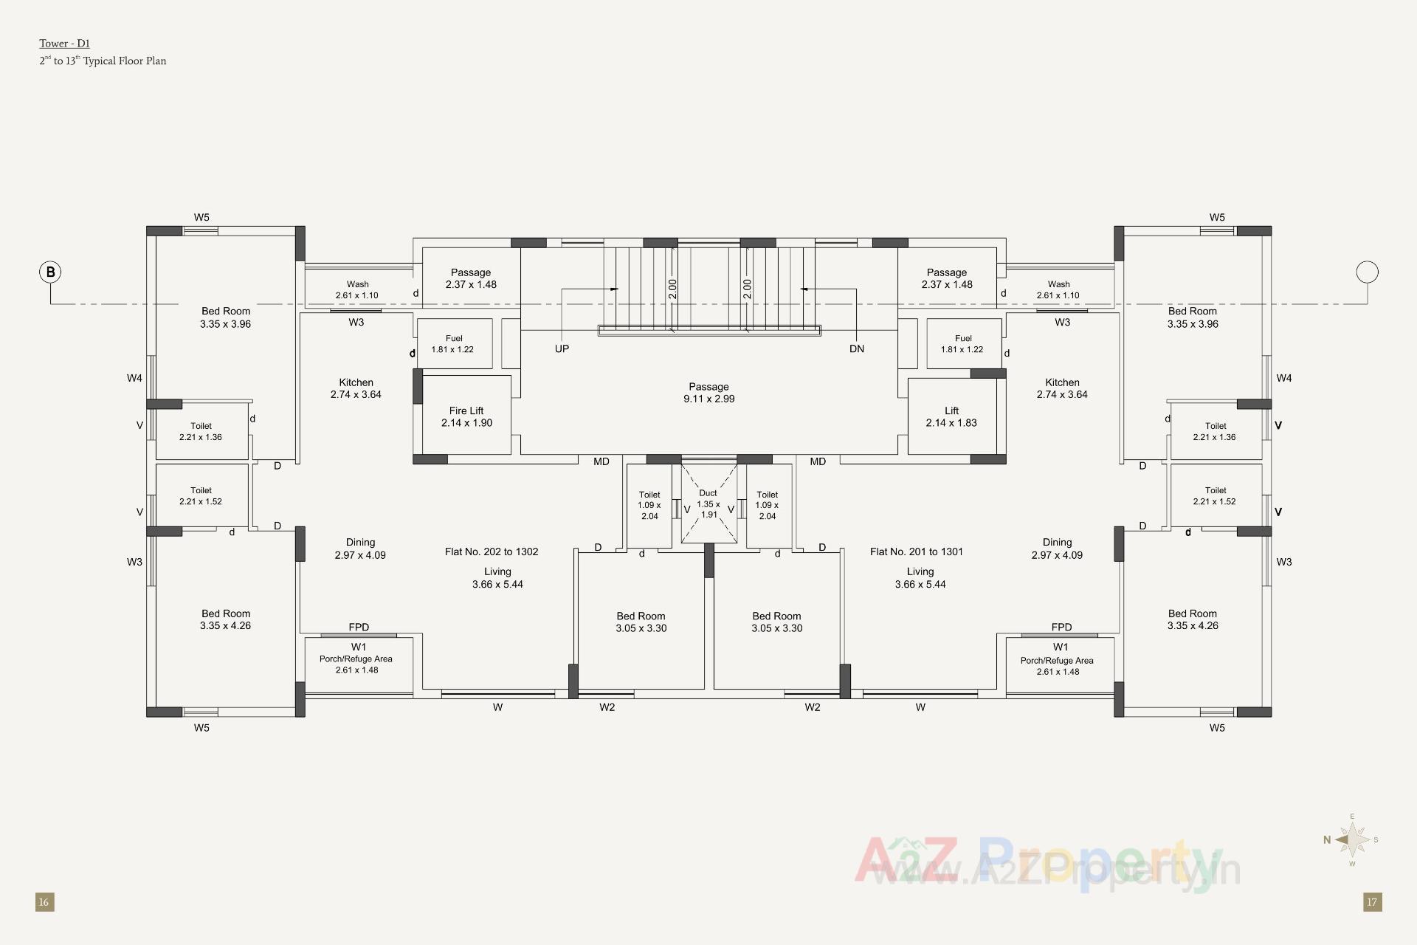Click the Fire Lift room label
coord(466,416)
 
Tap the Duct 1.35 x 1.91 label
coord(708,504)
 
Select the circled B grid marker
coord(50,272)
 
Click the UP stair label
coord(562,348)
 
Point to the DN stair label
coord(856,348)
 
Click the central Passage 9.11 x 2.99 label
coord(708,393)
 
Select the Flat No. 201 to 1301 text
coord(916,551)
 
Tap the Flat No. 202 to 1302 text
coord(492,551)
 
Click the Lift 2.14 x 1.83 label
coord(951,416)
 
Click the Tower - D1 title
coord(65,44)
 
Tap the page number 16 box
coord(44,901)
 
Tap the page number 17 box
coord(1372,901)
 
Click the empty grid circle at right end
coord(1367,272)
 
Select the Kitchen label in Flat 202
coord(356,388)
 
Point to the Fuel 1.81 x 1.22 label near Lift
coord(962,344)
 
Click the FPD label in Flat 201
coord(1061,627)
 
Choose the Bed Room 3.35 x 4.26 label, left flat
coord(226,619)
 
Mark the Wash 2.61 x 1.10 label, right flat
coord(1058,289)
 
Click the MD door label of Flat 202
coord(601,461)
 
